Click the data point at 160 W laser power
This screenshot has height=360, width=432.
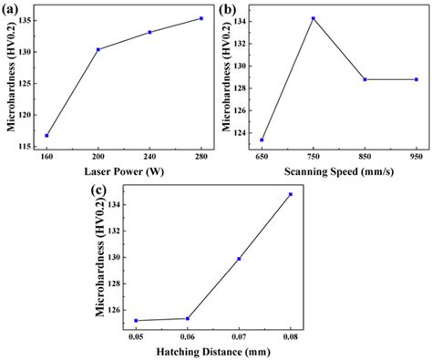(46, 136)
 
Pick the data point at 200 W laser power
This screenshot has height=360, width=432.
(98, 49)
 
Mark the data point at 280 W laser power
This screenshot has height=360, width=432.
(201, 18)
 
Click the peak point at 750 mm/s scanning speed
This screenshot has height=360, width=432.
(313, 18)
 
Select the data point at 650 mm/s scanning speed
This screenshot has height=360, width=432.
(262, 139)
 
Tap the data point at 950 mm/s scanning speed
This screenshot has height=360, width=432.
(416, 79)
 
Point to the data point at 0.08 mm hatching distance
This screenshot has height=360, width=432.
(291, 194)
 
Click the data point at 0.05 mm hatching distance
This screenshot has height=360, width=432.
(136, 320)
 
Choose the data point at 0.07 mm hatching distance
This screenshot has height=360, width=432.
(239, 259)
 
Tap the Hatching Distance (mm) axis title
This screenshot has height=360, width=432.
(213, 352)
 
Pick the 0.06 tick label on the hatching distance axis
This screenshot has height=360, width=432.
(188, 337)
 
